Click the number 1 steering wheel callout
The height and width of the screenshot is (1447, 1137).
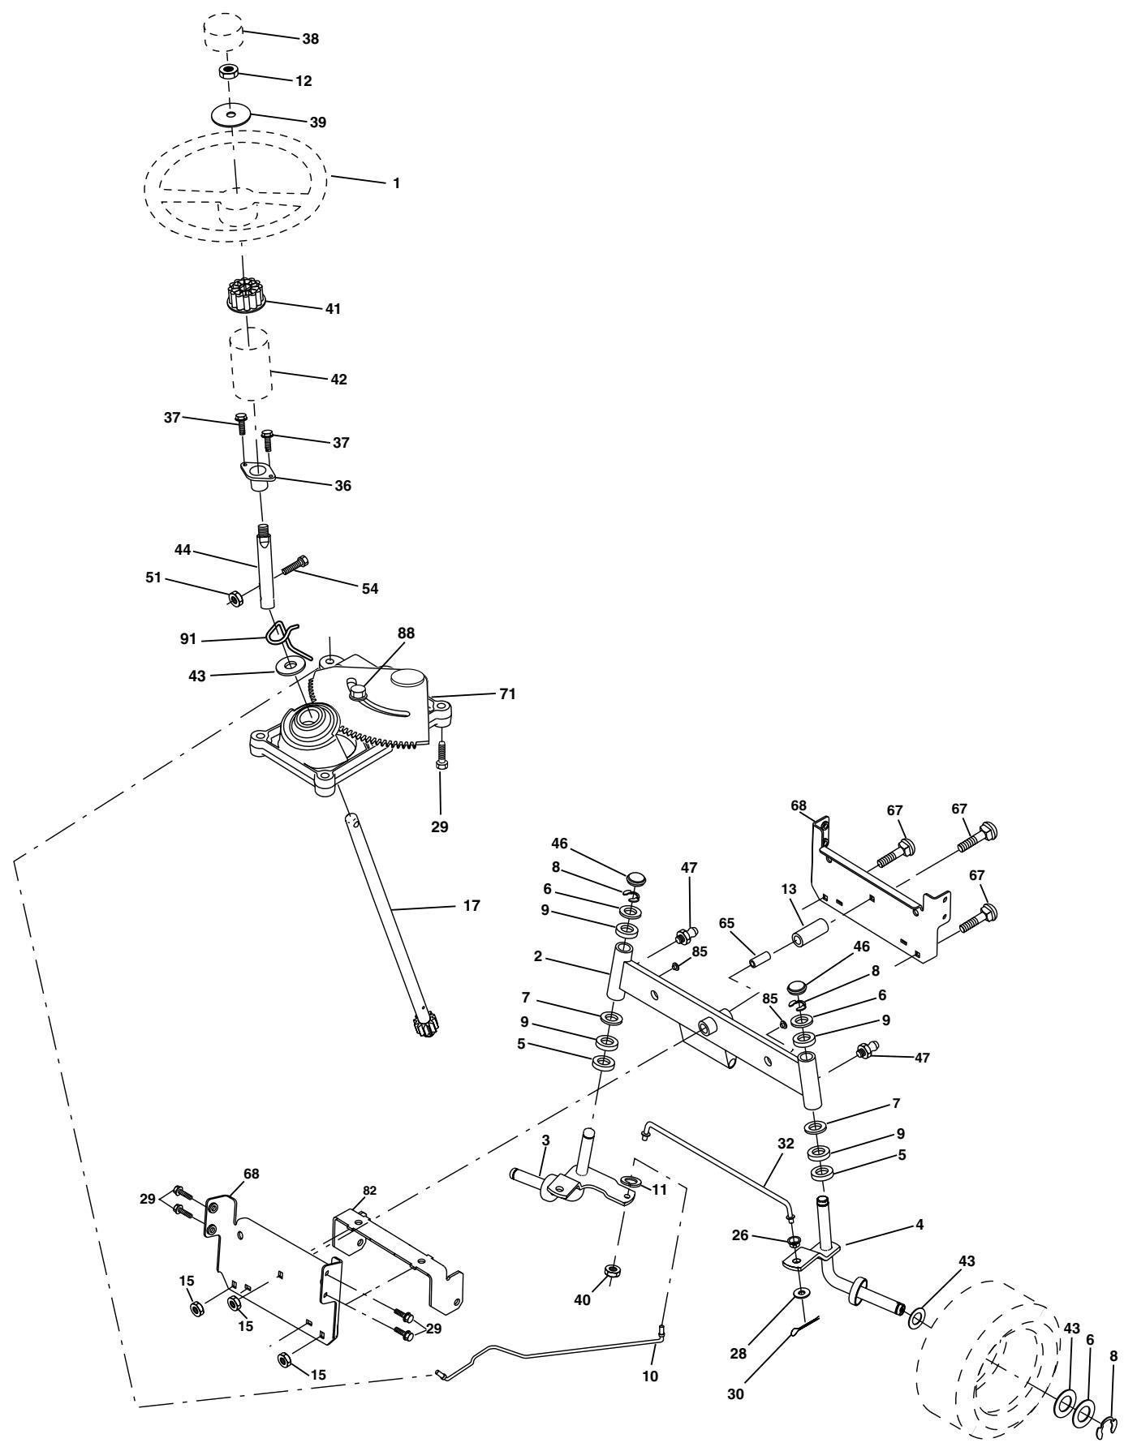pyautogui.click(x=396, y=184)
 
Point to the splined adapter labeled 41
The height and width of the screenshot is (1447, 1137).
pyautogui.click(x=243, y=296)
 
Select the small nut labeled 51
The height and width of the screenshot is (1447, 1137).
pyautogui.click(x=233, y=599)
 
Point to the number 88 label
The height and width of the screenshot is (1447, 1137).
pyautogui.click(x=406, y=633)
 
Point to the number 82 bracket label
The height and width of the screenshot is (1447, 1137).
pyautogui.click(x=369, y=1191)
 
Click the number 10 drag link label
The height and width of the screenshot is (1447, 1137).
pyautogui.click(x=650, y=1376)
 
